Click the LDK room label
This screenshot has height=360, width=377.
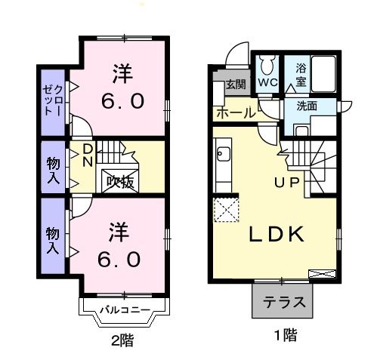point(277,235)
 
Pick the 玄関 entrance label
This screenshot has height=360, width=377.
point(235,85)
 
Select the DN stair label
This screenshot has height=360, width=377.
point(88,155)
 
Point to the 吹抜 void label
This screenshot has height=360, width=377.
point(119,181)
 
